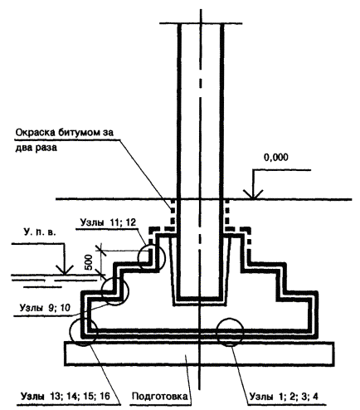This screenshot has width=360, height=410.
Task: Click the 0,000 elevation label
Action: [275, 158]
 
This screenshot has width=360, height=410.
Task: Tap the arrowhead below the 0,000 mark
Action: [252, 194]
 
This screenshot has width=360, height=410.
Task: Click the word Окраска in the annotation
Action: [36, 133]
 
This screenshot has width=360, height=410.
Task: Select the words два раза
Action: [36, 148]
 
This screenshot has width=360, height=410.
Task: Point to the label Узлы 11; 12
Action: [108, 222]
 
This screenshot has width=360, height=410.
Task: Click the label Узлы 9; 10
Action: [45, 307]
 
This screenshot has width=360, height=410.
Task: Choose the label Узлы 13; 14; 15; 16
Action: [66, 396]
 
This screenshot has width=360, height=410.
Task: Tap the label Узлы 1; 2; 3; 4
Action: [284, 396]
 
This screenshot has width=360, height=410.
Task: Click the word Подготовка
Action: [160, 396]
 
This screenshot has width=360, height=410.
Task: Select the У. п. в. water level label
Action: [40, 232]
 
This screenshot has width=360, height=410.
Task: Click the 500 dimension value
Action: [89, 262]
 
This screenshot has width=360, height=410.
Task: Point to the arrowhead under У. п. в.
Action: [65, 270]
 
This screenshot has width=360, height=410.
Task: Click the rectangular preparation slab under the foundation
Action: [199, 354]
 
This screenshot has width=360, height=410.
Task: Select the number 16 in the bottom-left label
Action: [105, 396]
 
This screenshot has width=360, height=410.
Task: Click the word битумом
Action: [80, 133]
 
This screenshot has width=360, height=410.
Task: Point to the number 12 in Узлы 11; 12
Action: [130, 222]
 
